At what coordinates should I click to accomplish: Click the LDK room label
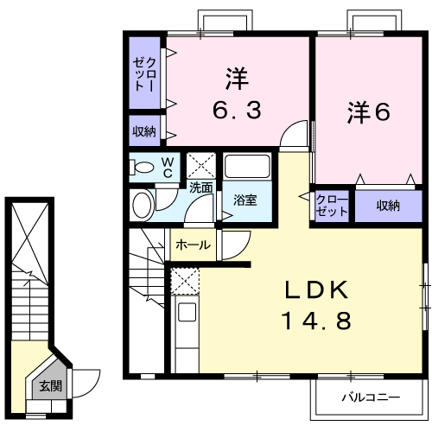[314, 289]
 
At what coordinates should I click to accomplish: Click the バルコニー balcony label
[369, 399]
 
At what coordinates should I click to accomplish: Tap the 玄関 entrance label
[49, 386]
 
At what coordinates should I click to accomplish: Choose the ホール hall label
[193, 245]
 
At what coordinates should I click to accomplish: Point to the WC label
[169, 166]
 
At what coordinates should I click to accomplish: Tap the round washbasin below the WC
[143, 205]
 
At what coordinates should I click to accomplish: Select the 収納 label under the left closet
[144, 132]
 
